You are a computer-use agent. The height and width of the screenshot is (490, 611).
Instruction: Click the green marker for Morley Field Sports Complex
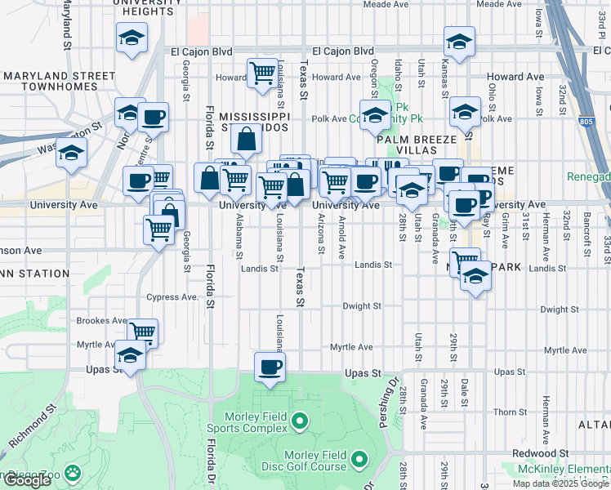[x=300, y=422]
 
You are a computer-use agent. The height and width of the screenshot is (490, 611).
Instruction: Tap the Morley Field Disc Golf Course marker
[x=360, y=463]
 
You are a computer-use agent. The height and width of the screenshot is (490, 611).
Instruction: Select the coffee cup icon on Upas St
[x=269, y=367]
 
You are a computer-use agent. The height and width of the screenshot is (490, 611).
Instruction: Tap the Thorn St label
[x=510, y=412]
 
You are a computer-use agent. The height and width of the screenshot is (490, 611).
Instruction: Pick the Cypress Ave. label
[x=172, y=297]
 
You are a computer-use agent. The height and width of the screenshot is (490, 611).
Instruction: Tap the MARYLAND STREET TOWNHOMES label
[x=58, y=80]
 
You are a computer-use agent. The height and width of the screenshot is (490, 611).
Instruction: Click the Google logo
[x=26, y=480]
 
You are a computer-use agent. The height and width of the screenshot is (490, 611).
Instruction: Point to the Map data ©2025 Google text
[x=560, y=483]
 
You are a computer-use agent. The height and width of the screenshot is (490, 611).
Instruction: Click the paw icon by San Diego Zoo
[x=74, y=472]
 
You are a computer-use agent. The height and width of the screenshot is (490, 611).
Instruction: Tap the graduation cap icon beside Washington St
[x=72, y=152]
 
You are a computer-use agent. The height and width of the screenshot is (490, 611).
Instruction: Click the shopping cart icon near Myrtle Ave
[x=143, y=332]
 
